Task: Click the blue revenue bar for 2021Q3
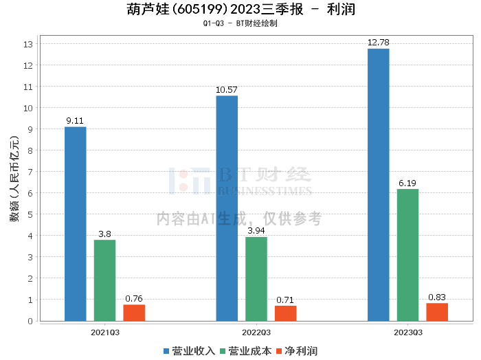76,224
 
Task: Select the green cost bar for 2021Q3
104,280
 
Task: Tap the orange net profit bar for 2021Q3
134,313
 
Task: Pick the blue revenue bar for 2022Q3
227,208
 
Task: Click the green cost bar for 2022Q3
256,279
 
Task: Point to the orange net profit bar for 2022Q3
286,313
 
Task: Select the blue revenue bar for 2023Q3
379,185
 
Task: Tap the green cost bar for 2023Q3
407,255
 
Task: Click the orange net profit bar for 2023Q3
437,312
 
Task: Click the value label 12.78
379,43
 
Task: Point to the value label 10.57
227,90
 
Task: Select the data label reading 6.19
407,183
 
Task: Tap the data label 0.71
286,300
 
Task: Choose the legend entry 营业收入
189,350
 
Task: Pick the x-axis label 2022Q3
256,332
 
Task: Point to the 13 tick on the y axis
29,44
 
